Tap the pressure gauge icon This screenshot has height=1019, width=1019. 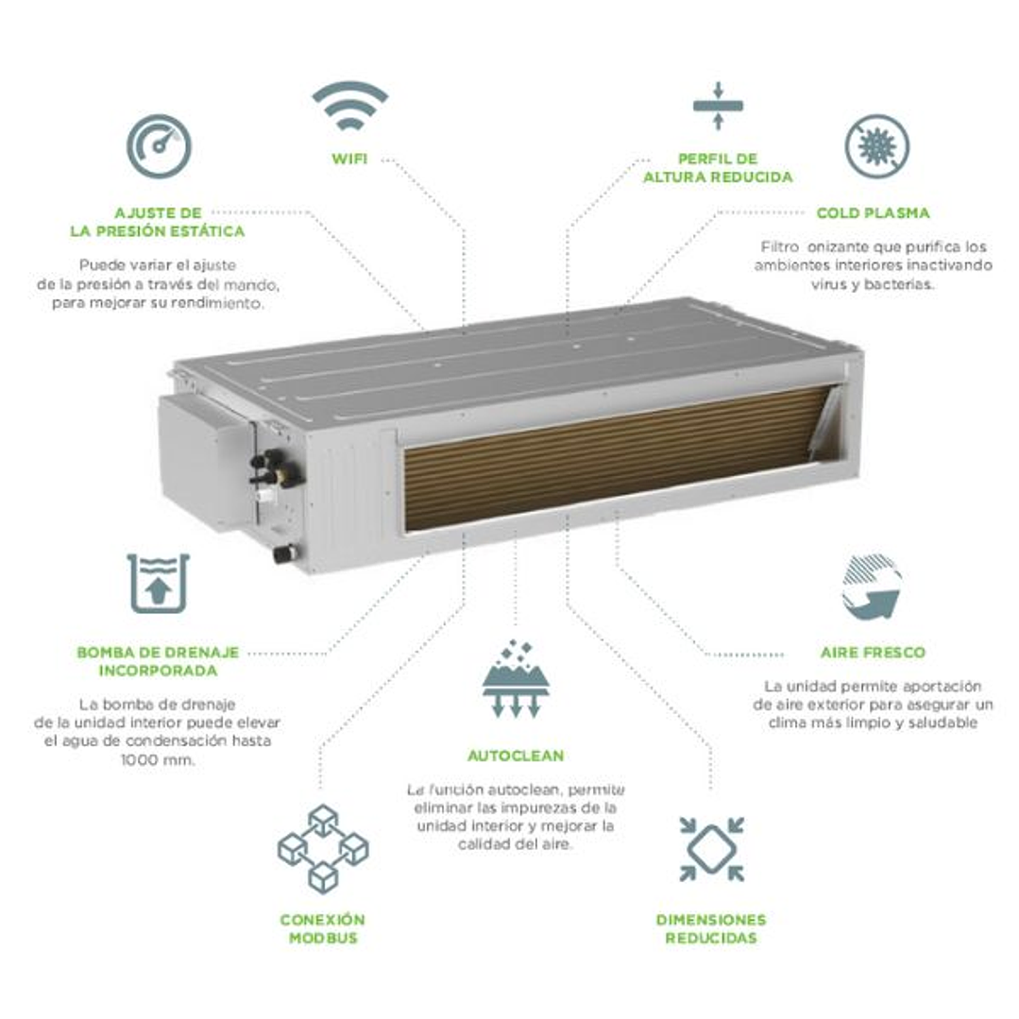pyautogui.click(x=159, y=146)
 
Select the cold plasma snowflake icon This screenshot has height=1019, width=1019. pyautogui.click(x=876, y=146)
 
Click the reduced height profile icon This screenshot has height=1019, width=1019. pyautogui.click(x=718, y=105)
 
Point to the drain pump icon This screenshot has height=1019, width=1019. pyautogui.click(x=159, y=583)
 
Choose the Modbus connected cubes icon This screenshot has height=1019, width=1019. pyautogui.click(x=323, y=848)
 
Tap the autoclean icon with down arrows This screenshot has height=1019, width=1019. pyautogui.click(x=516, y=681)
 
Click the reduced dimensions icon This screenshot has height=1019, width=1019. pyautogui.click(x=711, y=848)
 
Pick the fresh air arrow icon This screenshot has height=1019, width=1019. pyautogui.click(x=871, y=587)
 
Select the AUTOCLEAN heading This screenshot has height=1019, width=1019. pyautogui.click(x=516, y=756)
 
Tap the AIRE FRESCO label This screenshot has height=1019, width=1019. pyautogui.click(x=873, y=653)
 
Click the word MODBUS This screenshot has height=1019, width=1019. pyautogui.click(x=323, y=938)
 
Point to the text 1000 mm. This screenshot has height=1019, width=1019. pyautogui.click(x=159, y=759)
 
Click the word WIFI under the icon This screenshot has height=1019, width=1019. pyautogui.click(x=349, y=158)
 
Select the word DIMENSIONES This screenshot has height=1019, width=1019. pyautogui.click(x=711, y=920)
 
